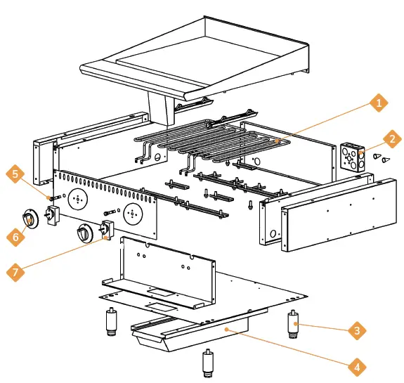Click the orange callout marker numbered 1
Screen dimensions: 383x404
click(x=379, y=104)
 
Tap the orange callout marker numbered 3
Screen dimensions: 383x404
click(x=357, y=329)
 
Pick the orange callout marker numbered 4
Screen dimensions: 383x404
click(x=357, y=367)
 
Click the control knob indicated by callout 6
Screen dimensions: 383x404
click(x=31, y=220)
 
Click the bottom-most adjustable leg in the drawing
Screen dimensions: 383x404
click(x=208, y=361)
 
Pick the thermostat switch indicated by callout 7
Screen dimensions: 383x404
click(x=107, y=230)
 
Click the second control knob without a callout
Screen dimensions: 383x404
click(x=84, y=233)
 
